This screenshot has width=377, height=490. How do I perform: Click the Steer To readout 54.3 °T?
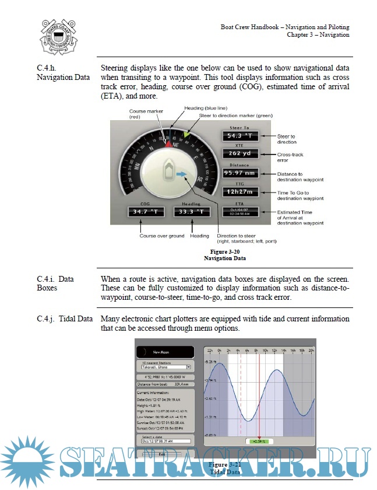[x=239, y=136]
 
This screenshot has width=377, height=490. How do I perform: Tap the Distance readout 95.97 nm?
[x=239, y=173]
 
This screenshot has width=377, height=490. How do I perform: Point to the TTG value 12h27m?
[x=239, y=192]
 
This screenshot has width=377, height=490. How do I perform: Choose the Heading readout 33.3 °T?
[x=191, y=211]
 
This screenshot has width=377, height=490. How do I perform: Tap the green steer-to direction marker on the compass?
[x=186, y=134]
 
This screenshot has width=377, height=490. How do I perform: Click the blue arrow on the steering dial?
[x=182, y=173]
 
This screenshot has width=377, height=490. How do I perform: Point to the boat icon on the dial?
[x=167, y=170]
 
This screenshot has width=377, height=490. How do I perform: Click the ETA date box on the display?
[x=239, y=211]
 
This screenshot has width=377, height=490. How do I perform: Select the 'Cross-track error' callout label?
[x=290, y=157]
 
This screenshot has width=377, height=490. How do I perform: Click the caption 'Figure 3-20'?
[x=225, y=251]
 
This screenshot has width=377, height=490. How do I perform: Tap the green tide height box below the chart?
[x=256, y=442]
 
